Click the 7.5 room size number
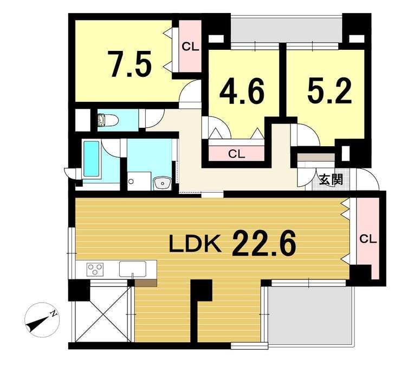131,64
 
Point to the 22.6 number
264,243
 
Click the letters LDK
195,244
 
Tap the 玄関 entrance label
331,179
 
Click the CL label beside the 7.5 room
190,47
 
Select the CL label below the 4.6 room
237,154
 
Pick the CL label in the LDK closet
368,239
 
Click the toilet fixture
108,120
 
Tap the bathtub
91,159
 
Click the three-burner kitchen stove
95,269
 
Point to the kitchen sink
133,270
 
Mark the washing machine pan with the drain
139,181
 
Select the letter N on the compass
54,313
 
